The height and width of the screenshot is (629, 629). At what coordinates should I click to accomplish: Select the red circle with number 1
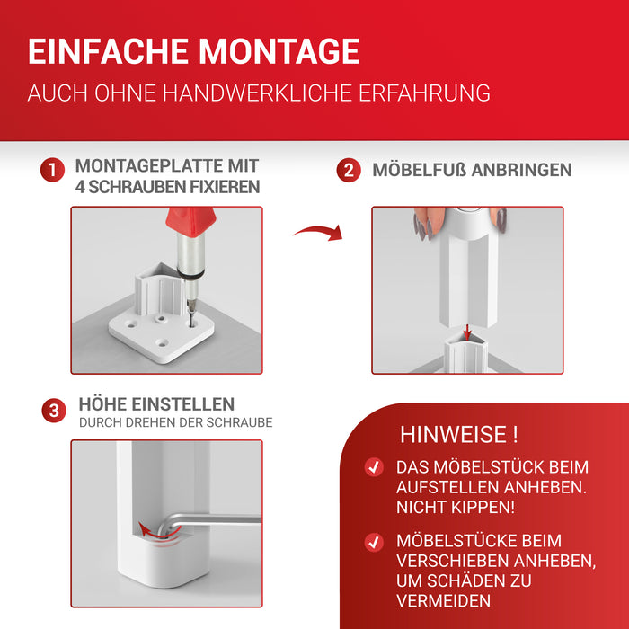(53, 171)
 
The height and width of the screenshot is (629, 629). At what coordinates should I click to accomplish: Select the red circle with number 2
(349, 171)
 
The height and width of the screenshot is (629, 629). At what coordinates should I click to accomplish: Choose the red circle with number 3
(53, 412)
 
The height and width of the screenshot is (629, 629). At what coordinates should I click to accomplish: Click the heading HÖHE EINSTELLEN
(156, 404)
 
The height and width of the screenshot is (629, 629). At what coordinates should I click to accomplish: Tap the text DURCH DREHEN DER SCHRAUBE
(175, 422)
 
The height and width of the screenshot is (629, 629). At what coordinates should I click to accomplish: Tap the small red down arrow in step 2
(467, 331)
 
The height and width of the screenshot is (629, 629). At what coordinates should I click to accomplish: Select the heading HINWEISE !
(458, 436)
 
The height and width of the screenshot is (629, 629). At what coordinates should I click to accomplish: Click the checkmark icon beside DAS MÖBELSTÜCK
(373, 467)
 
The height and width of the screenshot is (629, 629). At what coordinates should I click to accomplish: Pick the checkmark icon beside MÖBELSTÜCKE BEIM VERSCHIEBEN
(373, 542)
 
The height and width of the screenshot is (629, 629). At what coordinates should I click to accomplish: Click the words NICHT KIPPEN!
(456, 508)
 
